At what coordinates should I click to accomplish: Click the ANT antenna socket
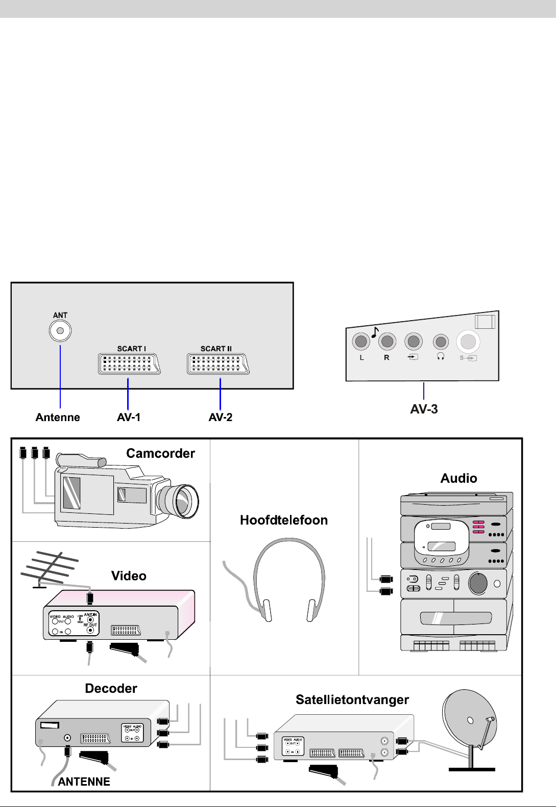point(60,331)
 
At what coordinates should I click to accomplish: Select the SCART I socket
point(129,364)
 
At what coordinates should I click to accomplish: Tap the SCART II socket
point(218,364)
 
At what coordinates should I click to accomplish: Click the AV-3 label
point(424,409)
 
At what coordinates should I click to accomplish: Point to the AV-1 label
point(129,418)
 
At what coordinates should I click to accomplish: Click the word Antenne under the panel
point(58,418)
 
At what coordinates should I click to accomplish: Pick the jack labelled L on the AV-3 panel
point(361,341)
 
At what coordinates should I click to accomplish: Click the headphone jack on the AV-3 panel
point(441,342)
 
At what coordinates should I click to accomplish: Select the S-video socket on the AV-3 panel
point(468,342)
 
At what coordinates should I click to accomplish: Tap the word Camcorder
point(160,453)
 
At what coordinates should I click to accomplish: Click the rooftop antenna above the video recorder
point(49,569)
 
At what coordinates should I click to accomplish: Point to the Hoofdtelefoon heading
point(284,520)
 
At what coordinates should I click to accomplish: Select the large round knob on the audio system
point(478,584)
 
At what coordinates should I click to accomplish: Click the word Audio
point(458,478)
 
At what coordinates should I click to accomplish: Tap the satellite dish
point(469,719)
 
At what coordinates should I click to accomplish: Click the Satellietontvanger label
point(352,699)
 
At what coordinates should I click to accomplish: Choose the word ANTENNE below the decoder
point(84,782)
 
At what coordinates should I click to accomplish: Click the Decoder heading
point(111,688)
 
